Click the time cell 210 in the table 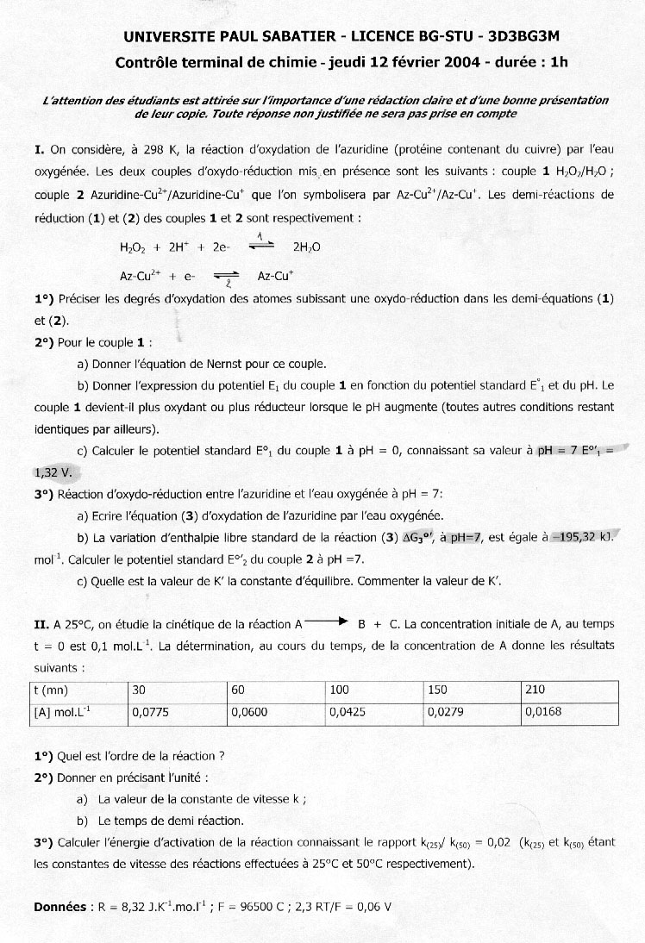534,690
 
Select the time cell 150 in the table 435,690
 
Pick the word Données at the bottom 59,907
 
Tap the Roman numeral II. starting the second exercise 41,623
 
